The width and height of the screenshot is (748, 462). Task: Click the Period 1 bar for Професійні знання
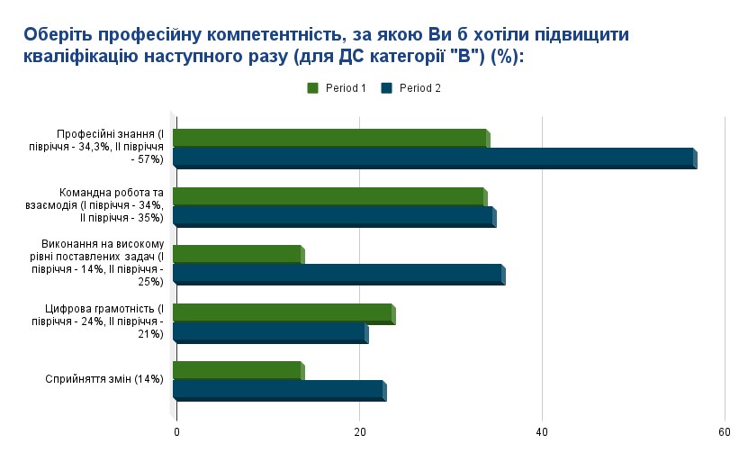click(x=330, y=139)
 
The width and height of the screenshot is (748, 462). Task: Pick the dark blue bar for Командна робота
click(x=333, y=217)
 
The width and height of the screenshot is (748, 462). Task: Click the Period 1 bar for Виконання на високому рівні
click(x=238, y=255)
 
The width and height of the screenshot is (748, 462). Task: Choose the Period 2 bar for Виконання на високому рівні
click(x=338, y=275)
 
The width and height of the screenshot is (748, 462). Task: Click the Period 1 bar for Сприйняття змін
click(x=238, y=371)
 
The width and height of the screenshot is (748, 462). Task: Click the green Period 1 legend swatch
click(x=313, y=88)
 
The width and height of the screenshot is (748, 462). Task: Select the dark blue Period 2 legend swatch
click(x=388, y=88)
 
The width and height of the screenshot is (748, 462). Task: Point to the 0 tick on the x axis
click(x=176, y=432)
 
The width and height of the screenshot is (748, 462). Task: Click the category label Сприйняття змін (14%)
click(x=104, y=379)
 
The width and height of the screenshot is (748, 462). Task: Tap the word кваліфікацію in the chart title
click(x=80, y=56)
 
